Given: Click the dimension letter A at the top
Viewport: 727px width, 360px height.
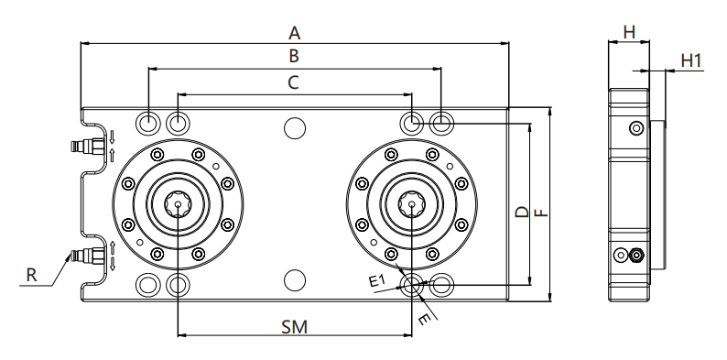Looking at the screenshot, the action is coord(295,33).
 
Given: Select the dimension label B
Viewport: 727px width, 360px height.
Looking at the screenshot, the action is coord(294,56).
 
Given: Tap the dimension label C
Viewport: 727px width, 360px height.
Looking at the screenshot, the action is coord(293,82).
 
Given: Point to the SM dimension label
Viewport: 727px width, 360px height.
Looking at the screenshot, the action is coord(295,327).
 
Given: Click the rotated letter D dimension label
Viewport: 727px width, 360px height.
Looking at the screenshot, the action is coord(523,213).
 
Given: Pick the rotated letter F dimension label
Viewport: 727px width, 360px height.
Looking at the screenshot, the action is coord(541,213).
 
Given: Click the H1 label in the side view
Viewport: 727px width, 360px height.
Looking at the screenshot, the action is coord(691,60).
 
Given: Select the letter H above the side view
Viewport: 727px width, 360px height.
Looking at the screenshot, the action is coord(629,32).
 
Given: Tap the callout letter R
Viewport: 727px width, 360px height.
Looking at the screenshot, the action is coord(31,275).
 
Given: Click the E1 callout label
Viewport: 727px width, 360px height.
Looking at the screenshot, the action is coord(377,280).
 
